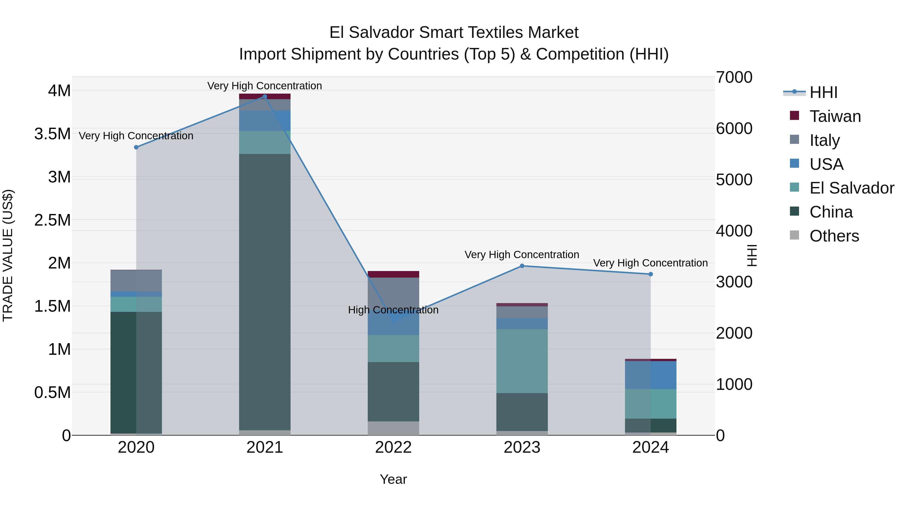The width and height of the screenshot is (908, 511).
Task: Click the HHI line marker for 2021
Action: [x=265, y=97]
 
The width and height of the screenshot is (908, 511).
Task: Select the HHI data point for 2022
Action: [x=394, y=321]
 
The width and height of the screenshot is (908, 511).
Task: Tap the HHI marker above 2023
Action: [x=522, y=266]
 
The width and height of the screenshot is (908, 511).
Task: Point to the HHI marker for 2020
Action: [x=136, y=147]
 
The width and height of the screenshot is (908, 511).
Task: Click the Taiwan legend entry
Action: [x=835, y=116]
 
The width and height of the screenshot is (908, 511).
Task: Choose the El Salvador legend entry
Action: [x=851, y=188]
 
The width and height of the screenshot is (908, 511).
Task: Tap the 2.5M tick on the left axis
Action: [x=52, y=220]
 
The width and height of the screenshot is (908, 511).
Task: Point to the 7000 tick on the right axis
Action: [x=734, y=77]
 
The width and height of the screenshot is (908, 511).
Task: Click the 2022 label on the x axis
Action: [x=393, y=447]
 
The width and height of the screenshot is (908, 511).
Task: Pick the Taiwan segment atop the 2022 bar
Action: [x=393, y=274]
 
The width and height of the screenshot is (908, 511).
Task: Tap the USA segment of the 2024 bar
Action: [x=651, y=375]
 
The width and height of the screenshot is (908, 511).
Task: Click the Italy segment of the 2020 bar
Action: [x=136, y=281]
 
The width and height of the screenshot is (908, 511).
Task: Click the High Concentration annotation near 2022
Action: [x=393, y=310]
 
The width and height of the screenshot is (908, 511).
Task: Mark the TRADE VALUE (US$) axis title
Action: [x=8, y=255]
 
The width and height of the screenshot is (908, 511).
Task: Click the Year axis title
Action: [x=393, y=479]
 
